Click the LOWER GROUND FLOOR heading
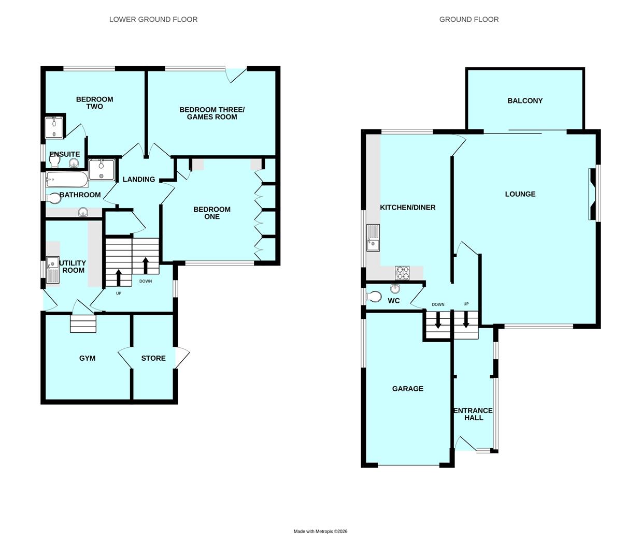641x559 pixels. [x=153, y=20]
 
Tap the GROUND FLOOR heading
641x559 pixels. [x=468, y=20]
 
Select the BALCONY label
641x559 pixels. [x=524, y=101]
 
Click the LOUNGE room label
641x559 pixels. [x=520, y=194]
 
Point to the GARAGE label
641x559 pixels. [x=407, y=389]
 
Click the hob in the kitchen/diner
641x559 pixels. [x=402, y=272]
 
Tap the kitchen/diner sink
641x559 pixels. [x=373, y=238]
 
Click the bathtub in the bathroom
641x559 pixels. [x=66, y=181]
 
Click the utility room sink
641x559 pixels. [x=53, y=270]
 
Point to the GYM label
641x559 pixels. [x=87, y=358]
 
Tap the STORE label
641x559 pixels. [x=153, y=358]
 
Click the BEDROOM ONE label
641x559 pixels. [x=211, y=213]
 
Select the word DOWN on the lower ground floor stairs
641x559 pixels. [x=146, y=281]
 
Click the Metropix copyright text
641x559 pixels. [x=320, y=531]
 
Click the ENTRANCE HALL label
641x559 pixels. [x=473, y=414]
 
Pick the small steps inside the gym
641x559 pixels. [x=83, y=325]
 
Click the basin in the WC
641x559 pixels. [x=396, y=288]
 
